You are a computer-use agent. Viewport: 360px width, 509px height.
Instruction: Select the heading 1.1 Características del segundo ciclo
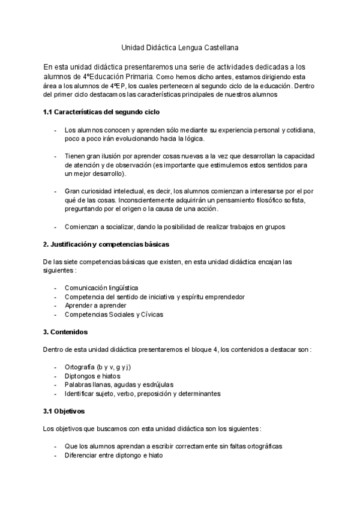pos(101,112)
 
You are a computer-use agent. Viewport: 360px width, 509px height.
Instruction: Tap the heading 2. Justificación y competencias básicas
pos(106,244)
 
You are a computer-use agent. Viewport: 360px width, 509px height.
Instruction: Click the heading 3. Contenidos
pos(65,332)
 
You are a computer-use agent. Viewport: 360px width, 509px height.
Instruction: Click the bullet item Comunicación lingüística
pos(101,288)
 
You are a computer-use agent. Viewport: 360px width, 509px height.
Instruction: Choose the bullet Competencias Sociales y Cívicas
pos(113,314)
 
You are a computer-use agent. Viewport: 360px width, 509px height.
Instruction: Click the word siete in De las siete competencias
pos(77,262)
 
